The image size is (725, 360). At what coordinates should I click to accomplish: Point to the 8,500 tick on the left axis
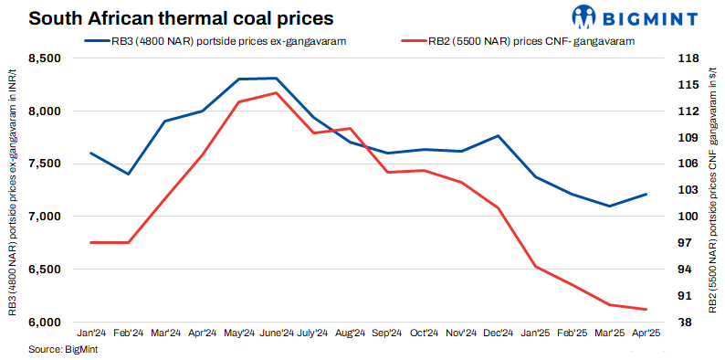[43, 58]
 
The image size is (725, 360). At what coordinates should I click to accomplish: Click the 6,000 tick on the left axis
[43, 323]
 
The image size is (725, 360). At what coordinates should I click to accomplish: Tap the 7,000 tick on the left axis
[43, 217]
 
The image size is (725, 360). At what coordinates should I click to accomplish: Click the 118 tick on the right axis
[686, 58]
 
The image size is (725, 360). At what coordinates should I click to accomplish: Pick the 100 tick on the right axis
[686, 217]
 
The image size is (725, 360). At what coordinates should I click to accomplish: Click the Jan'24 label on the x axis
[91, 334]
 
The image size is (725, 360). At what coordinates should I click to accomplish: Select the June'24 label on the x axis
[276, 334]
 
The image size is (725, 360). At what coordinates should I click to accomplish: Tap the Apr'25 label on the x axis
[646, 334]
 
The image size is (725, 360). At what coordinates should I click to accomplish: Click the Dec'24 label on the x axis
[499, 334]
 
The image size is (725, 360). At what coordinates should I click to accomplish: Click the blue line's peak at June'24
[276, 79]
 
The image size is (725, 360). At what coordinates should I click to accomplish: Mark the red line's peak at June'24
[276, 93]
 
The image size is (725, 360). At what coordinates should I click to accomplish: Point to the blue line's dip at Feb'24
[128, 174]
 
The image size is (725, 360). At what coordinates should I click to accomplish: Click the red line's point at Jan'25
[535, 267]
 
